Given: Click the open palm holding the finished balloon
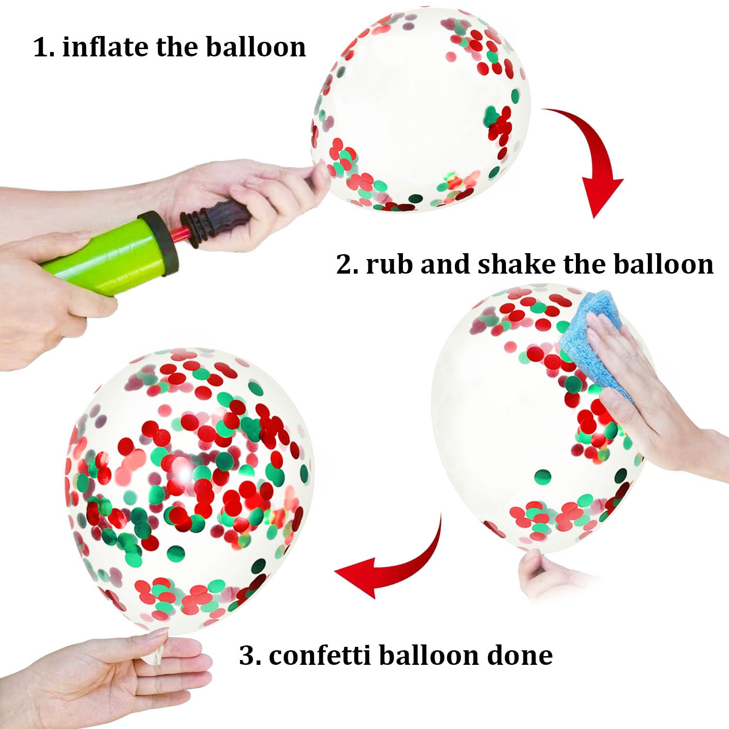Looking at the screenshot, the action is [x=107, y=680].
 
